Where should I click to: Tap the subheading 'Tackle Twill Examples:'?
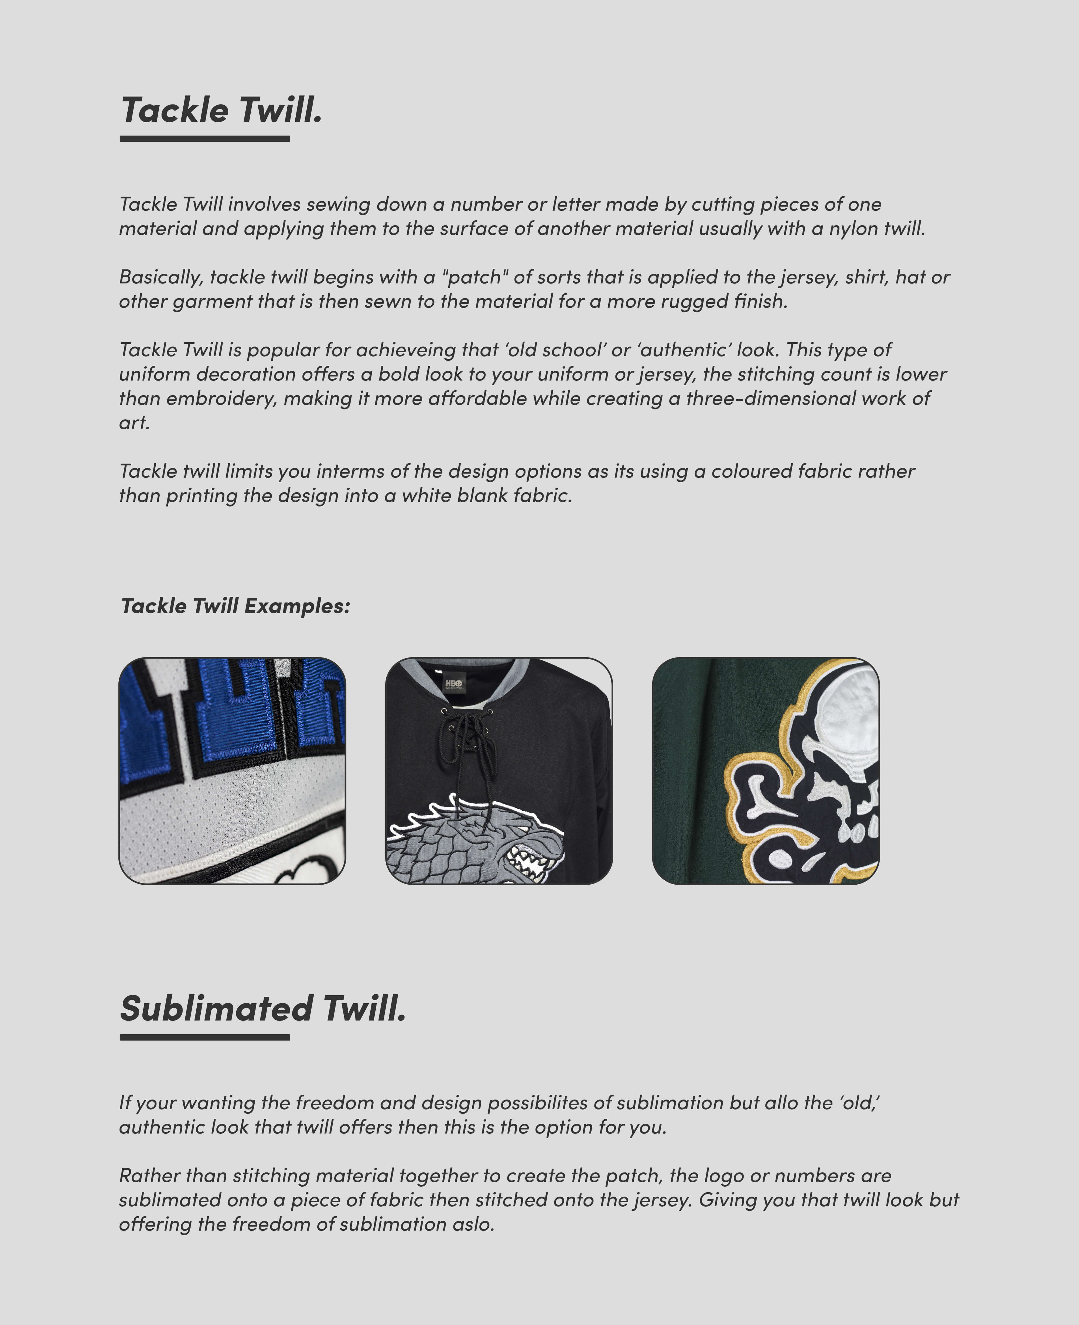(x=235, y=605)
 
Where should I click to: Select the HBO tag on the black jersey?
(x=454, y=684)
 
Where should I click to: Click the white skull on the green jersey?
(x=845, y=727)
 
